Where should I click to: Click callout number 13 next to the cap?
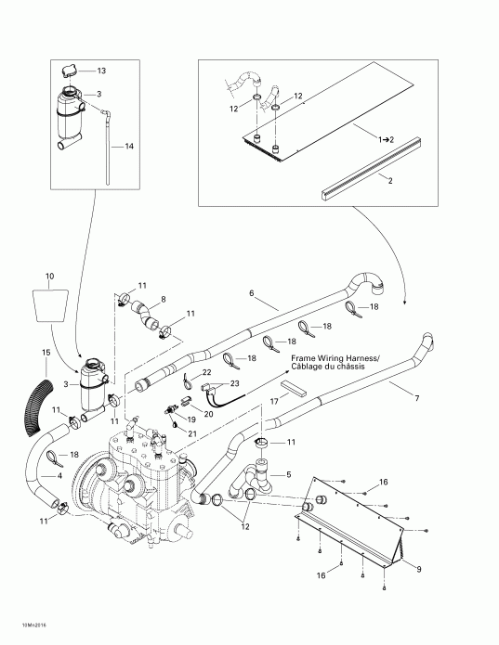point(101,71)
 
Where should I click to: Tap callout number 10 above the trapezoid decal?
point(49,276)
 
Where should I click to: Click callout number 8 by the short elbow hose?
point(163,299)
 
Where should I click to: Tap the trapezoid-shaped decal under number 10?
point(49,303)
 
